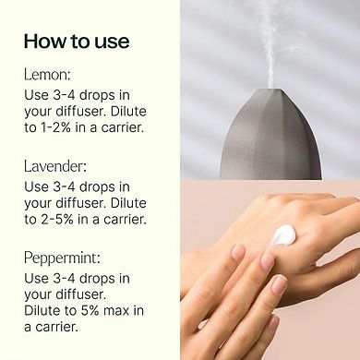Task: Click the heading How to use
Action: pyautogui.click(x=77, y=42)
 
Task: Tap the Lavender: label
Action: pyautogui.click(x=54, y=167)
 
